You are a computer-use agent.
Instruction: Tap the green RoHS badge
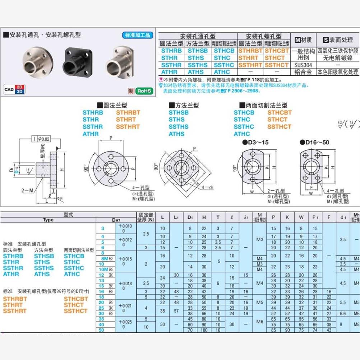click(x=144, y=91)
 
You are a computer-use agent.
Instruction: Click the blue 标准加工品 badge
click(x=138, y=35)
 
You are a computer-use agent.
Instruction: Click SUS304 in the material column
click(x=303, y=65)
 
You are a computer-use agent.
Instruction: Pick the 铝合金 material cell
click(x=303, y=72)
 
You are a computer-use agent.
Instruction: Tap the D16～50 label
click(x=315, y=142)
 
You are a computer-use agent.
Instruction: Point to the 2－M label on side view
click(x=27, y=190)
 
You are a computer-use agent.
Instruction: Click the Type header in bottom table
click(x=48, y=220)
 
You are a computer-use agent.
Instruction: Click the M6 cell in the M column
click(x=260, y=321)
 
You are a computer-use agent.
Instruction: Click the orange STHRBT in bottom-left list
click(x=15, y=299)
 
